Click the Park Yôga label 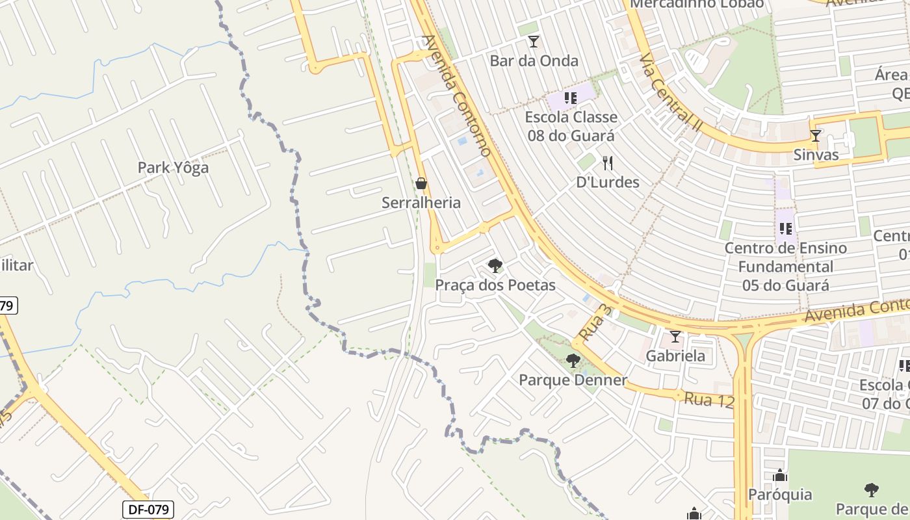tap(173, 168)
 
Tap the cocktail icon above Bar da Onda tap(534, 42)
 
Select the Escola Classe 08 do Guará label tap(571, 126)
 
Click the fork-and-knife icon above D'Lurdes tap(608, 162)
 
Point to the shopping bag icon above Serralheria tap(421, 183)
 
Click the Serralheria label tap(421, 203)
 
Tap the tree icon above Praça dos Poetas tap(495, 265)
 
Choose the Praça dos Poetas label tap(495, 285)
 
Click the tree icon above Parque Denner tap(573, 360)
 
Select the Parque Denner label tap(573, 380)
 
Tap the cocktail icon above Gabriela tap(675, 336)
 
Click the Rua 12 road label tap(708, 400)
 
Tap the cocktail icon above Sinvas tap(816, 135)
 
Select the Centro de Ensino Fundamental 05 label tap(786, 266)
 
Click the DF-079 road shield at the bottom tap(148, 509)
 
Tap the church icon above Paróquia tap(780, 476)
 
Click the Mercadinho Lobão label tap(697, 4)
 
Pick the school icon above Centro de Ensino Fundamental tap(786, 228)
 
